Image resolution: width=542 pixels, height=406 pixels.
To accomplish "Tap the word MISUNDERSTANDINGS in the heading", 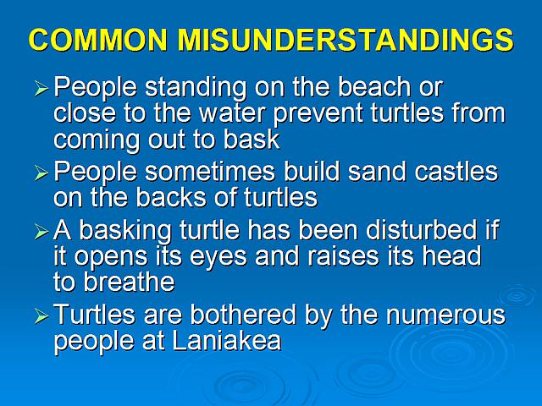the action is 346,40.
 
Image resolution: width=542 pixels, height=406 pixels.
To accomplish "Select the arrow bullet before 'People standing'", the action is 41,89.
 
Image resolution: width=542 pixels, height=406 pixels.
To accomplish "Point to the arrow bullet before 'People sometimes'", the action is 41,173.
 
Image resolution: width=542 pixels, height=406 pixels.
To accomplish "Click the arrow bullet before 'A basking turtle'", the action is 41,232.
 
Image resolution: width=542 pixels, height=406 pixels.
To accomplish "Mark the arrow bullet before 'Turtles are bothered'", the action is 41,315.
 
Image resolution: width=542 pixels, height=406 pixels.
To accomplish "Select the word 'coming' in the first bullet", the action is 97,140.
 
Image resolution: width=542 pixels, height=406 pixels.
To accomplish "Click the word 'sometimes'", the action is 210,172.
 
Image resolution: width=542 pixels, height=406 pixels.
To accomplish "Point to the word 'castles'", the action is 456,171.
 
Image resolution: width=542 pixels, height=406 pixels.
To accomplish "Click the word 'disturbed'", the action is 421,229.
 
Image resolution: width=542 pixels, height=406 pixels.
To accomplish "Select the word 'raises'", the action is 343,256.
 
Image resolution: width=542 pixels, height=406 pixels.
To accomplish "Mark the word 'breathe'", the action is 129,282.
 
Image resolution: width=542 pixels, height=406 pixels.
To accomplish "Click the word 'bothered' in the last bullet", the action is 243,315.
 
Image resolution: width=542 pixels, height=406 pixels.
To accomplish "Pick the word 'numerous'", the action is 446,315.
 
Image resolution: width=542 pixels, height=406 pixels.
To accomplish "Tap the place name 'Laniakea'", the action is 226,341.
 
